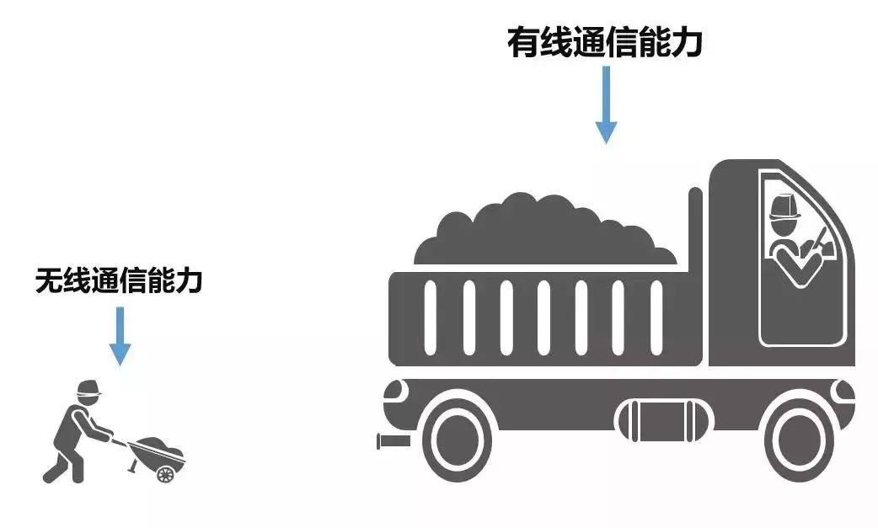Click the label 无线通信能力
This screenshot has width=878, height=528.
(119, 280)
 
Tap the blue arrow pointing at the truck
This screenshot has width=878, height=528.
(606, 104)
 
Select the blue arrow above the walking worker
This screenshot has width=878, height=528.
(120, 335)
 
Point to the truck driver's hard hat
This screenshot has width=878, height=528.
(785, 205)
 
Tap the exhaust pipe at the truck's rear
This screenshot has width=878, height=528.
(393, 440)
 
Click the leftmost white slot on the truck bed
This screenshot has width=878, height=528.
(430, 319)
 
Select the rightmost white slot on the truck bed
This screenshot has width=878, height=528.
(656, 319)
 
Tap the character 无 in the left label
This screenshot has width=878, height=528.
(47, 280)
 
